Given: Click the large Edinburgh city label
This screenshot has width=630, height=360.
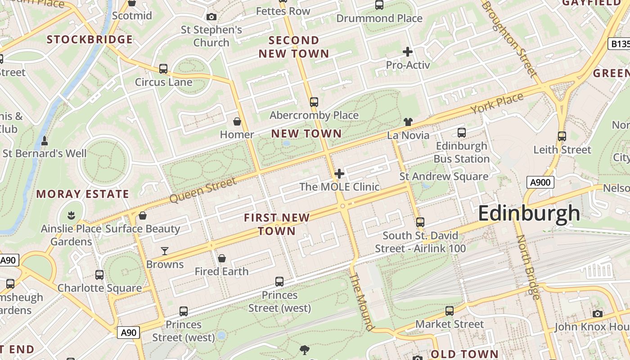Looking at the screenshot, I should point(529,213).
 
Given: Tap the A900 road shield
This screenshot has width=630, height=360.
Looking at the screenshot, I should point(540,182).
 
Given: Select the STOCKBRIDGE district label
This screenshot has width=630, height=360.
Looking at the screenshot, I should point(90,40).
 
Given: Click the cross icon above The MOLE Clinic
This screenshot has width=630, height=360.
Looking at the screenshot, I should point(339,174).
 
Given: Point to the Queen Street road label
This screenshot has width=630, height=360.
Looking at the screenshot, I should point(203,190).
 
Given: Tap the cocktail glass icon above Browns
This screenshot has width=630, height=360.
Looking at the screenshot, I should point(165,251).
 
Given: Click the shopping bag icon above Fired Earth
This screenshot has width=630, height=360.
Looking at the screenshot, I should point(221,258).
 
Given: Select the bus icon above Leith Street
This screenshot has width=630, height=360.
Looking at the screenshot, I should point(562,136).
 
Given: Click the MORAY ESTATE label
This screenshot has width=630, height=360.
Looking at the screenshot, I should point(83,194).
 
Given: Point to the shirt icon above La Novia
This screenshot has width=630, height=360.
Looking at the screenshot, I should point(408,121).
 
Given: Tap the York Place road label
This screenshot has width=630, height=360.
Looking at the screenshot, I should point(497,103).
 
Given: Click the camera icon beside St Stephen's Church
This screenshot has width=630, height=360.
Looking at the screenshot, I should point(211,17).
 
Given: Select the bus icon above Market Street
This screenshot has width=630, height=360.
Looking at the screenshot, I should point(449,310).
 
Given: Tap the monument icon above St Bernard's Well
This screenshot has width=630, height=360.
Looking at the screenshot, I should point(45,140).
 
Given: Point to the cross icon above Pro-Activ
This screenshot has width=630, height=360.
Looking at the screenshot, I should point(408,52).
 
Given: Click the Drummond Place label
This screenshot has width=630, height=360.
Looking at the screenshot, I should point(379,18).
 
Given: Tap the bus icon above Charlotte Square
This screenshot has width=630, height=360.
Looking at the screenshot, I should point(99,274).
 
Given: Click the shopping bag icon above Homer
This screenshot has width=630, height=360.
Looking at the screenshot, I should point(237,121).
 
